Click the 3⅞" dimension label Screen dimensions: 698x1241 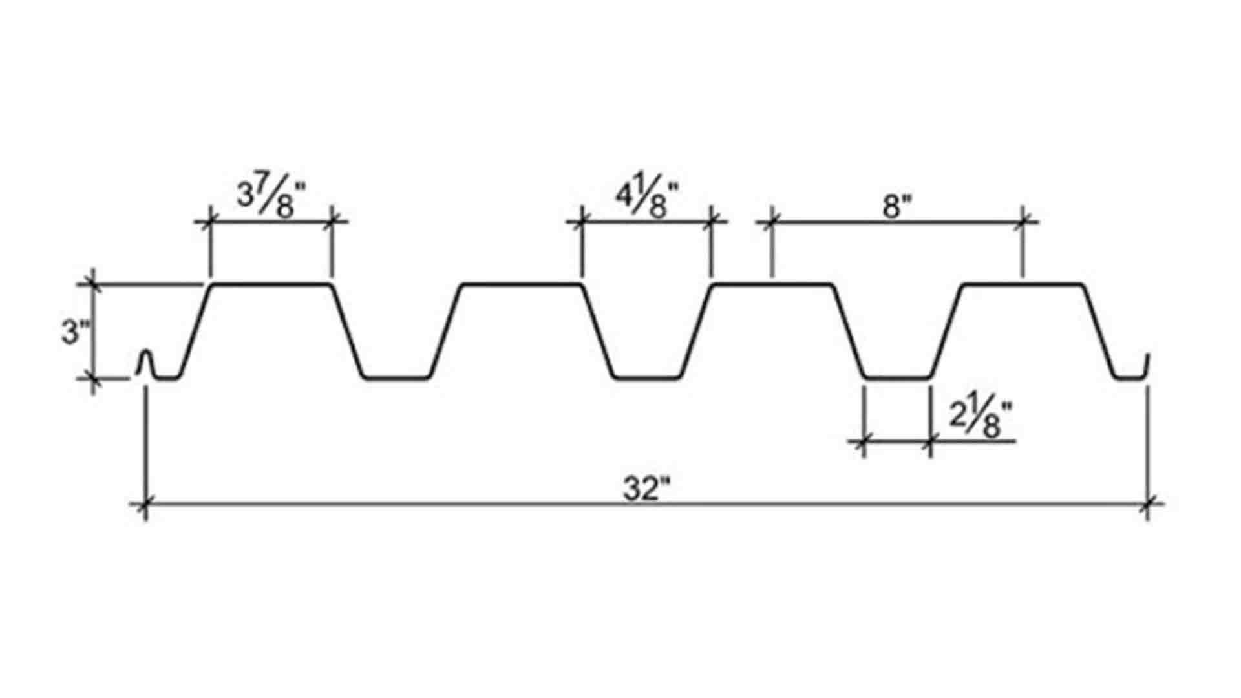point(271,196)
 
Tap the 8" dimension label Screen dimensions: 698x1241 point(896,208)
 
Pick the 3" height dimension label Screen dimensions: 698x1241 point(76,332)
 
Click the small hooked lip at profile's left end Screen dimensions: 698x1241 point(147,362)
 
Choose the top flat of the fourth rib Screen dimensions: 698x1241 point(1022,284)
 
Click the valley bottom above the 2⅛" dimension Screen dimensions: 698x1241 point(897,377)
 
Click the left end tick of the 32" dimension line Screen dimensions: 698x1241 point(145,503)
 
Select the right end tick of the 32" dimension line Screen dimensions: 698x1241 point(1148,503)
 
